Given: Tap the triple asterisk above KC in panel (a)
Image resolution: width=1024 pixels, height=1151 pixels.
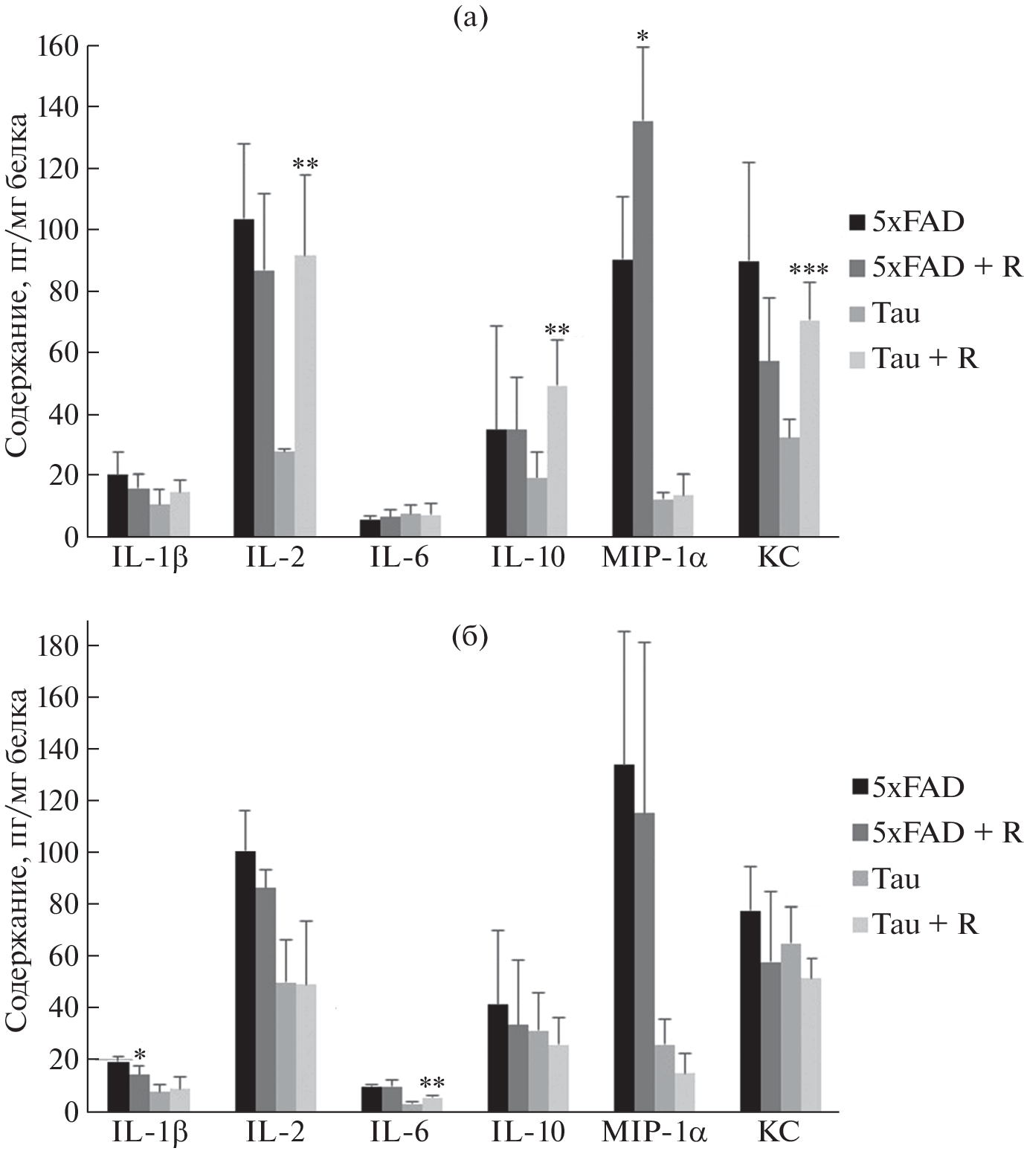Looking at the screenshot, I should [808, 269].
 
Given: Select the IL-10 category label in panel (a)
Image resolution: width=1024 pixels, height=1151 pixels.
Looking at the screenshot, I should [529, 558].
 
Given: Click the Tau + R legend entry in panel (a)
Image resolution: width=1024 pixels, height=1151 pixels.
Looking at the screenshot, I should [925, 358].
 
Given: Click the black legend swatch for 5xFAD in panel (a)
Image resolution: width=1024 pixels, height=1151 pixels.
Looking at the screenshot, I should [857, 222].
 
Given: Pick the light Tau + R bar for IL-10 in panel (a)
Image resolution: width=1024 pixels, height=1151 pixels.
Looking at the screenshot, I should [557, 461].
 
